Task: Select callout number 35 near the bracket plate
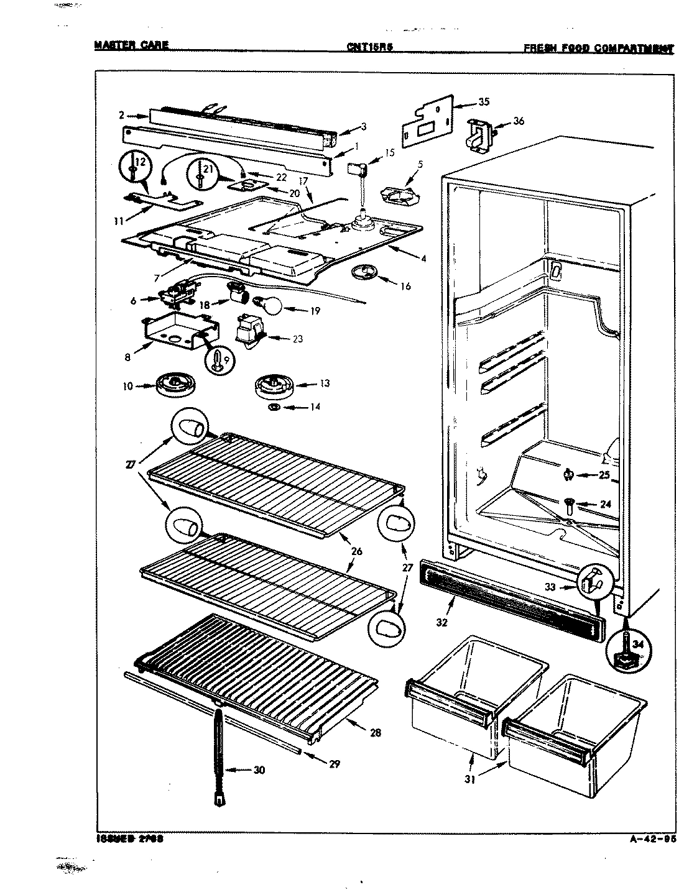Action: point(484,102)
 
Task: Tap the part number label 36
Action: point(519,121)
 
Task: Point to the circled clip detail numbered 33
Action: point(594,582)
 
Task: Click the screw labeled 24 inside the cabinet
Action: point(570,504)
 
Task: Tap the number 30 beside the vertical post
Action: point(259,770)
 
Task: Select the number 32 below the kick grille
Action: point(442,623)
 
